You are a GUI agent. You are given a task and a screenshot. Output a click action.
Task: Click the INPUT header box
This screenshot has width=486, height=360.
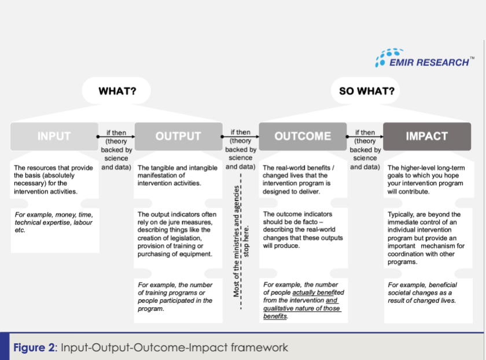point(54,137)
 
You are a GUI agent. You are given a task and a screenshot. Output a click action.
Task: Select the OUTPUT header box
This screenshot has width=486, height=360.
point(178,137)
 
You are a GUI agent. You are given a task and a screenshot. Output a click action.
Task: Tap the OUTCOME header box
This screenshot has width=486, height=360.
point(303,137)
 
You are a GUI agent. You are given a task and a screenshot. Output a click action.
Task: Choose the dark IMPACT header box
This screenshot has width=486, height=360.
point(426,137)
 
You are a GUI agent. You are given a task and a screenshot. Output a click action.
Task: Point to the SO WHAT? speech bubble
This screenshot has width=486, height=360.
point(366,91)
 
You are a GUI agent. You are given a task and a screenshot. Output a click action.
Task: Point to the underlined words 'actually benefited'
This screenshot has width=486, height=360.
point(315,293)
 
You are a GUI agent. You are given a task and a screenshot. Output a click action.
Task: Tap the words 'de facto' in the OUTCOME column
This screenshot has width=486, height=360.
point(318,222)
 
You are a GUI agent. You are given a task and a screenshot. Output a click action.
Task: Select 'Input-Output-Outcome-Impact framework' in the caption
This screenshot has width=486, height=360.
point(174,348)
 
